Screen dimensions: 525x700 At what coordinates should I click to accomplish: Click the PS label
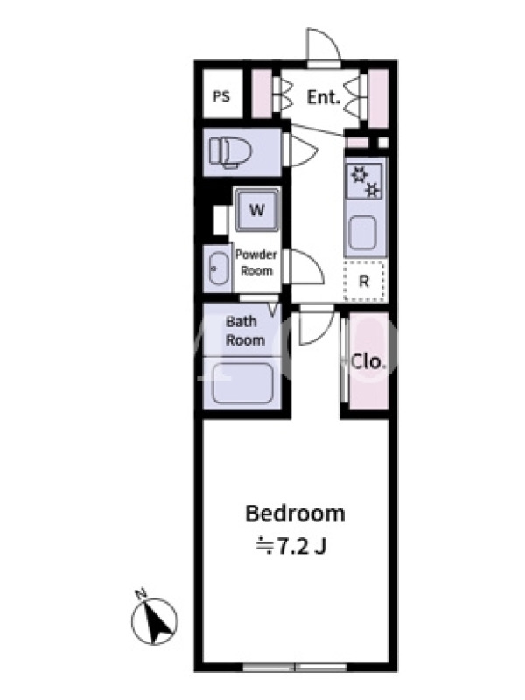(221, 96)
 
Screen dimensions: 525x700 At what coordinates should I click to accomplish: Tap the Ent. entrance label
(323, 97)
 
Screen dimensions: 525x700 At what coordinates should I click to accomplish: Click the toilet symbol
(231, 151)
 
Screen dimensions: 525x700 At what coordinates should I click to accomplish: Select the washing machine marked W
(256, 209)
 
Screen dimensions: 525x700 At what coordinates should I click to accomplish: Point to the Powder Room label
(256, 262)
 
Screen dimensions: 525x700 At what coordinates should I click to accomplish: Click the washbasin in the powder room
(218, 269)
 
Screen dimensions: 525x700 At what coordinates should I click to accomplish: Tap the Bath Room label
(245, 331)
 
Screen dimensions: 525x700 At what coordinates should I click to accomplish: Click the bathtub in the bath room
(242, 383)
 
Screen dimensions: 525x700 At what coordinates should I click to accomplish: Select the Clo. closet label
(367, 361)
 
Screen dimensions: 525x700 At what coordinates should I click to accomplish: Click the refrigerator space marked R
(364, 281)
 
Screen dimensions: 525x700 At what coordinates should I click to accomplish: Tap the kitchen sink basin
(362, 232)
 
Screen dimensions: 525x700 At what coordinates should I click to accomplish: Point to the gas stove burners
(366, 182)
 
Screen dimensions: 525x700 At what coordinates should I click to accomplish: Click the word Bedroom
(295, 514)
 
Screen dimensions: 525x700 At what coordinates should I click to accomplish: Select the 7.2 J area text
(291, 546)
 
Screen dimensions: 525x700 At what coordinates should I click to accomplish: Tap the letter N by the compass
(141, 593)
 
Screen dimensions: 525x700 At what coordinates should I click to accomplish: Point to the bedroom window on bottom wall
(295, 668)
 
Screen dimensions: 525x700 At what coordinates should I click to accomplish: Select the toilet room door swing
(304, 150)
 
